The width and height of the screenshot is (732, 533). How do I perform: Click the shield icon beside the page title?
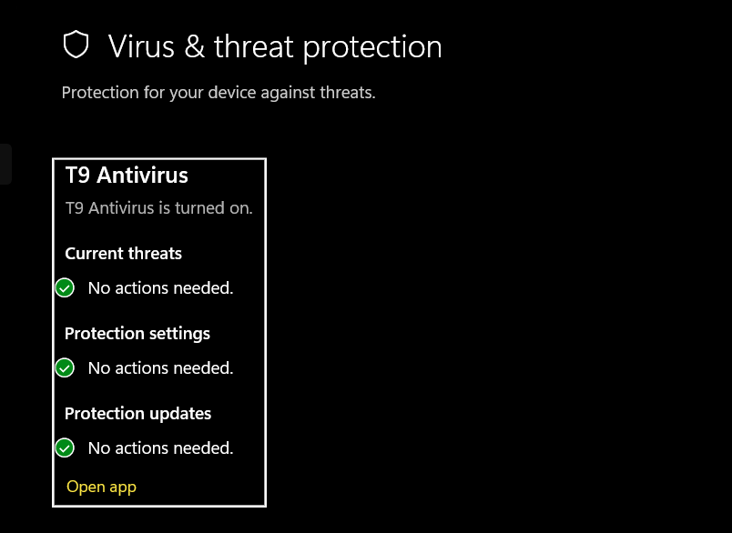(76, 45)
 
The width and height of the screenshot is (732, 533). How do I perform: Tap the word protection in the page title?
(372, 47)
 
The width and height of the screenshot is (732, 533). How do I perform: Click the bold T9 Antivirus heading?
(127, 175)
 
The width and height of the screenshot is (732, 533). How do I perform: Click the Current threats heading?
(123, 254)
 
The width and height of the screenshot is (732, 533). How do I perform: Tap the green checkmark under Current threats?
(65, 288)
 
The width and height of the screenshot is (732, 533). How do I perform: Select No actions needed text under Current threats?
(160, 288)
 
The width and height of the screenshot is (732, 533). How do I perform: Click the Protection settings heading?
(137, 334)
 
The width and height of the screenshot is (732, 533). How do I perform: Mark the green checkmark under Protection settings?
(65, 368)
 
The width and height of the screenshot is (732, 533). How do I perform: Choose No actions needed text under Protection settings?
(160, 368)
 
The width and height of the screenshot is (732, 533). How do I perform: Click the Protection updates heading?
(137, 414)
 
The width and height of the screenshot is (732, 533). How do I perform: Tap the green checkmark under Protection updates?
(65, 448)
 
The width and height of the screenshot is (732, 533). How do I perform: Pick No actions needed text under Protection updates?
(160, 448)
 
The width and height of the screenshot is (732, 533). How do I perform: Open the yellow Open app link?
(101, 487)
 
